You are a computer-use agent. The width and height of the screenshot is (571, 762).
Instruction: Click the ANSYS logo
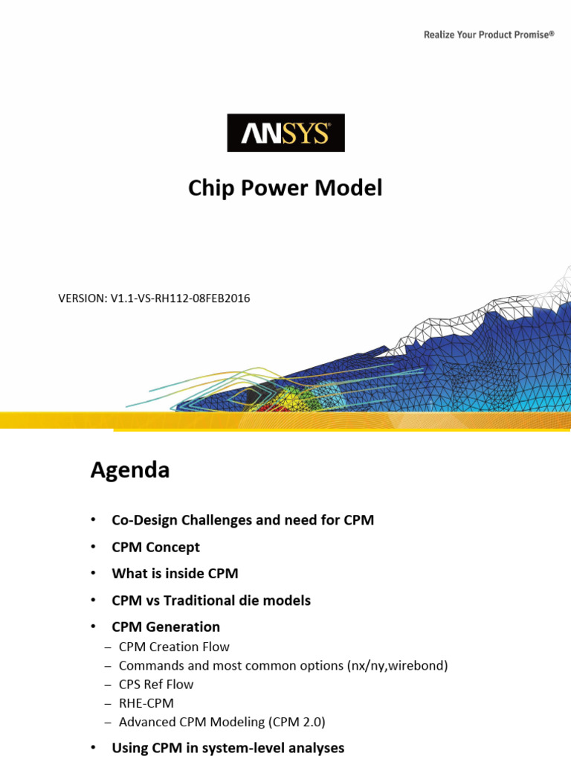pos(285,133)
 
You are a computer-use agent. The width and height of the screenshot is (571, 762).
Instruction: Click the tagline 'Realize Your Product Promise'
pos(488,34)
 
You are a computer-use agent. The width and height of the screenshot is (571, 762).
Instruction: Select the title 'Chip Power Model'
pos(285,188)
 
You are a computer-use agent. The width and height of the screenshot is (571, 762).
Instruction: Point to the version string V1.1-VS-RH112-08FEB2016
pos(154,298)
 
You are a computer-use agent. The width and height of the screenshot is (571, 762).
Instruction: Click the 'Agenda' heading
pos(130,470)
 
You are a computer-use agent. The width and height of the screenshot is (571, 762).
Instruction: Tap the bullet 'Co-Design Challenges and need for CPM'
pos(242,520)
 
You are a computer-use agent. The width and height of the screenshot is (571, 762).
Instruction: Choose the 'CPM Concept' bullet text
pos(155,547)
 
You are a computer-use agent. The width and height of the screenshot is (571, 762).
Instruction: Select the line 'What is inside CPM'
pos(175,574)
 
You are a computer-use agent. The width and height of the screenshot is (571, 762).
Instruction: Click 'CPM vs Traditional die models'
pos(211,600)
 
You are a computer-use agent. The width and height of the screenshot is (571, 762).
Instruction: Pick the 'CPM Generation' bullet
pos(166,627)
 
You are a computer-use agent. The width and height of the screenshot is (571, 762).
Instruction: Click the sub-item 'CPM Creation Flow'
pos(174,647)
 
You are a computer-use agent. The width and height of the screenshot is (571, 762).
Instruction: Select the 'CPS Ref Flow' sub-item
pos(156,685)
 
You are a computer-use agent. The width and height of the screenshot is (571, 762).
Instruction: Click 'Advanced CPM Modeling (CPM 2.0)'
pos(222,722)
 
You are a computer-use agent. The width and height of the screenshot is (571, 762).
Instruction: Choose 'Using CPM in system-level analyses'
pos(228,748)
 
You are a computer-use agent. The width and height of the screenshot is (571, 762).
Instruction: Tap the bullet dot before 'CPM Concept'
pos(93,547)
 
